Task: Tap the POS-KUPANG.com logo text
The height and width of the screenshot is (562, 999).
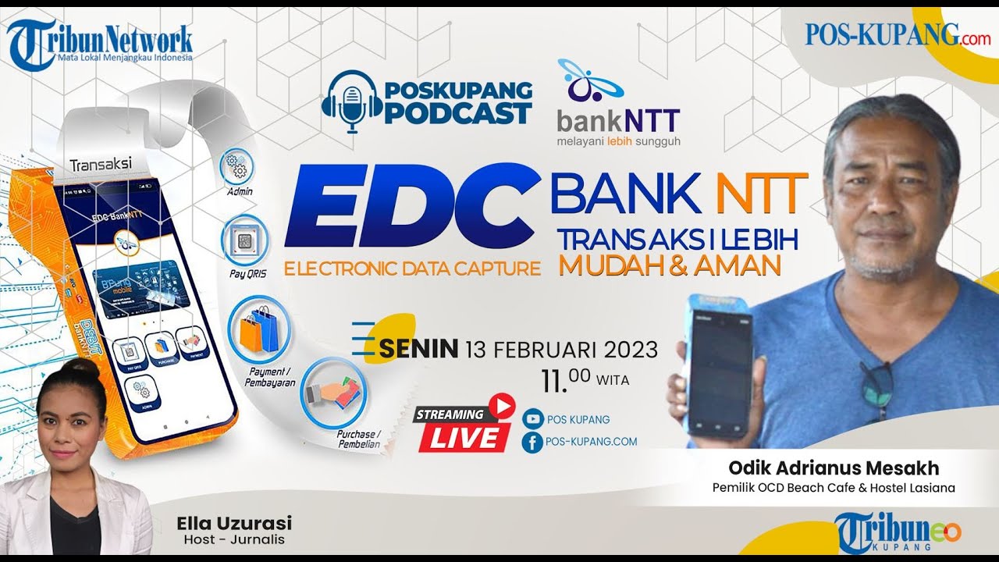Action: pyautogui.click(x=897, y=34)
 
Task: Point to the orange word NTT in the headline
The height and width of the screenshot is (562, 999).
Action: pyautogui.click(x=762, y=194)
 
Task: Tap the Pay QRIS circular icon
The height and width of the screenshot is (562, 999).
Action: pyautogui.click(x=245, y=239)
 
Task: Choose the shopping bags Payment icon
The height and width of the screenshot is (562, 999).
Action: pyautogui.click(x=260, y=329)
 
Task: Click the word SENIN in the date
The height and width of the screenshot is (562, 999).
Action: pyautogui.click(x=418, y=349)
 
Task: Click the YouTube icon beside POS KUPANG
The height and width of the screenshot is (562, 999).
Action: pyautogui.click(x=532, y=419)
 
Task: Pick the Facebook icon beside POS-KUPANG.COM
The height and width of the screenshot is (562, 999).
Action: pyautogui.click(x=532, y=442)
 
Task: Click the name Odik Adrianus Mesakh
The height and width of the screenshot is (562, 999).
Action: pyautogui.click(x=834, y=468)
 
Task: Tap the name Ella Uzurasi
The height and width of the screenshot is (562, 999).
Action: pyautogui.click(x=234, y=523)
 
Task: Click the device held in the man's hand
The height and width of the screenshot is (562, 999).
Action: pyautogui.click(x=719, y=366)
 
